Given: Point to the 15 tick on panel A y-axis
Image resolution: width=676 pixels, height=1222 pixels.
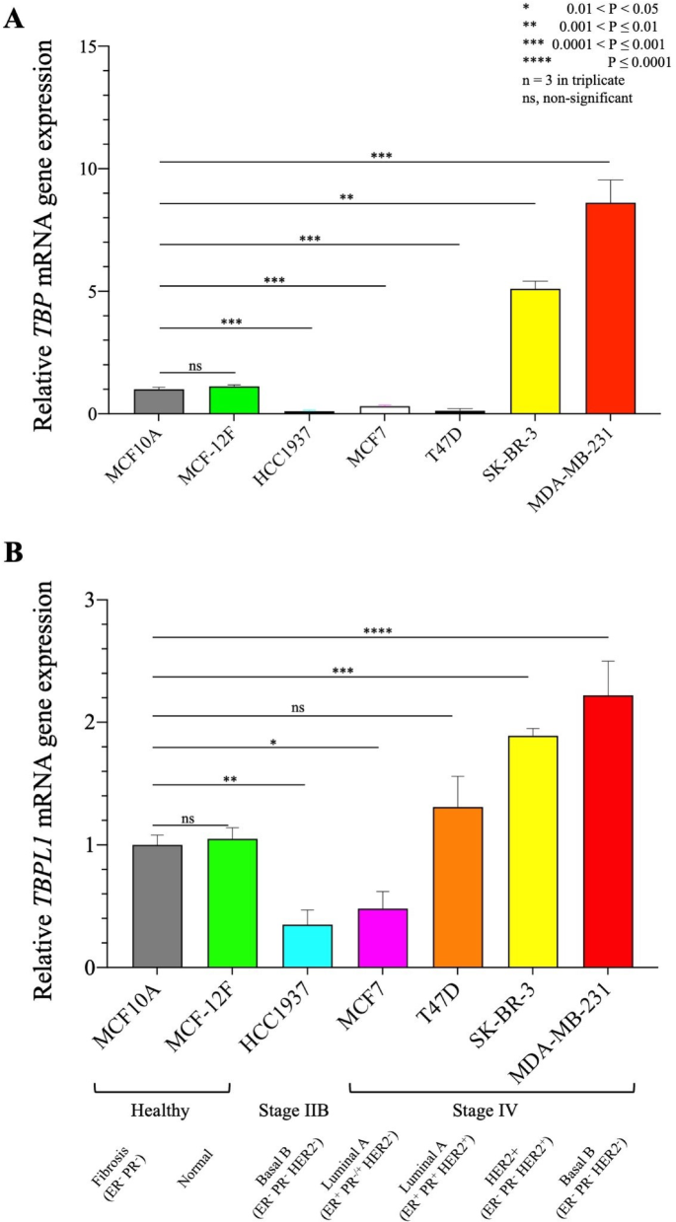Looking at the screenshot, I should [x=90, y=46].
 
